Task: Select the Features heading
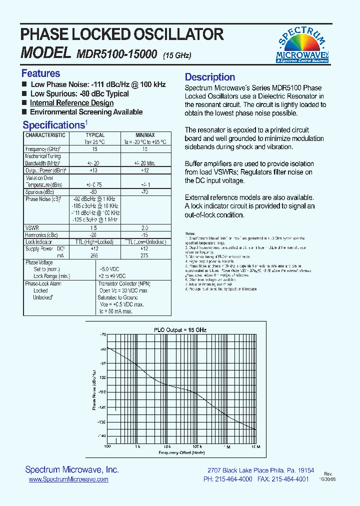(40, 73)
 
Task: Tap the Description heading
(210, 77)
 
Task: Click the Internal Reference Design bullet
(71, 103)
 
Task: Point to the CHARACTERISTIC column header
(45, 135)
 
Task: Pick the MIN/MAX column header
(145, 135)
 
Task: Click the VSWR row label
(32, 227)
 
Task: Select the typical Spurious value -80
(95, 191)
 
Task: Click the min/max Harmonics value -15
(145, 234)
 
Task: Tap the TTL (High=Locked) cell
(95, 241)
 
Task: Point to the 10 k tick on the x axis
(167, 446)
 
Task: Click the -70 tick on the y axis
(103, 334)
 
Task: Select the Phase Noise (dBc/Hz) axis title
(94, 390)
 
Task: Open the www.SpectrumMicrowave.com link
(68, 479)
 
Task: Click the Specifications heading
(53, 125)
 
